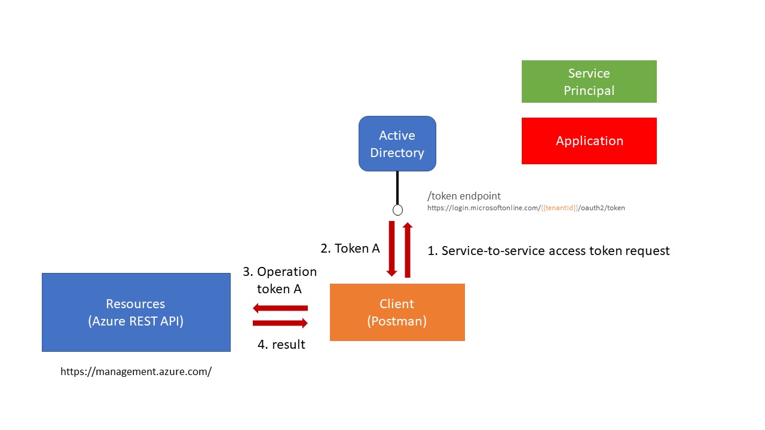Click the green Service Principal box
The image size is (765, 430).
tap(589, 82)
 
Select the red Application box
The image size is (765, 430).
tap(589, 141)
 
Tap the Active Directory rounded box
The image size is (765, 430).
tap(397, 144)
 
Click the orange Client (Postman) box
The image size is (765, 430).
tap(397, 312)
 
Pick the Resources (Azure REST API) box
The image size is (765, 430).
tap(136, 312)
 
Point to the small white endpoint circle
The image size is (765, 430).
tap(397, 210)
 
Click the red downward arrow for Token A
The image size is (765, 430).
tap(391, 249)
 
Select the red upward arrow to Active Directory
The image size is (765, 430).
tap(408, 250)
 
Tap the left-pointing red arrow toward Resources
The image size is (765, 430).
tap(280, 308)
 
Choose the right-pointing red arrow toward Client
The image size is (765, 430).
tap(280, 323)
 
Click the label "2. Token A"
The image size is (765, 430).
tap(350, 248)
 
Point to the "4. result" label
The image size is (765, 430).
tap(281, 345)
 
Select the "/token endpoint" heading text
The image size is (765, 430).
tap(464, 196)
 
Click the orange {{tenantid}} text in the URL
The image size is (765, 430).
tap(559, 208)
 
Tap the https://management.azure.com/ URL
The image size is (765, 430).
tap(136, 371)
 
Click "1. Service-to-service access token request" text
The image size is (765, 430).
tap(549, 251)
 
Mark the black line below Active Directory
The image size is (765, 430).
tap(397, 188)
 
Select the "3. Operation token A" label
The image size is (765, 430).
tap(280, 280)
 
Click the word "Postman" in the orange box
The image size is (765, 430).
tap(397, 321)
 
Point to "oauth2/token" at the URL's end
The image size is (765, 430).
tap(603, 208)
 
